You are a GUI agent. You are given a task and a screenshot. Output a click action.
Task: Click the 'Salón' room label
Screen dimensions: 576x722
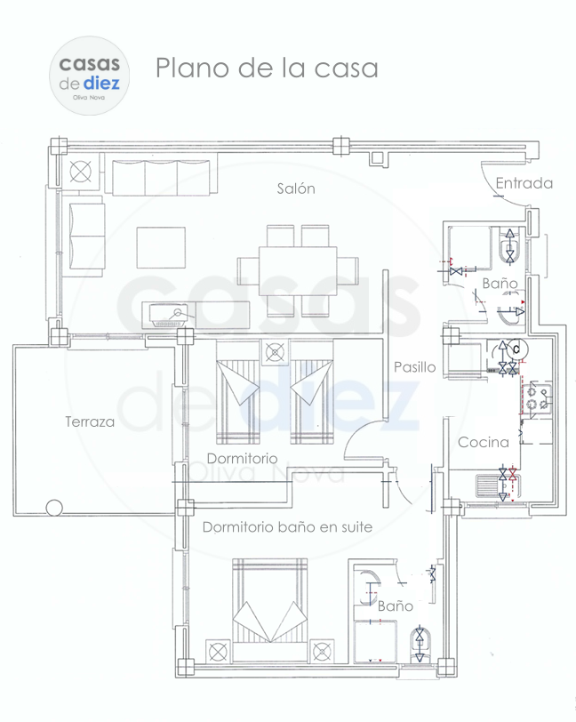[x=296, y=189]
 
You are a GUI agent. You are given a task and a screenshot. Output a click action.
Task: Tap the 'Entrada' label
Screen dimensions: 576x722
[x=524, y=183]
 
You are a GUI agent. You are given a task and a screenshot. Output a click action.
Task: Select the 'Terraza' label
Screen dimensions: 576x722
[x=90, y=421]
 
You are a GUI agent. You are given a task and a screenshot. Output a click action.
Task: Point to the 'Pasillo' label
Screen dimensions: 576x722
[x=415, y=367]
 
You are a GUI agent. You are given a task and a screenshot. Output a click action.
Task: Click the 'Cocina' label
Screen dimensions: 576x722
[x=484, y=442]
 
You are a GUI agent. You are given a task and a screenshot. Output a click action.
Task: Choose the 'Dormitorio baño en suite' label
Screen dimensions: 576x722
[x=287, y=526]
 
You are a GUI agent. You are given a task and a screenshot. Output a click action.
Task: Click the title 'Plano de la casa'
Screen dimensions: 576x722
[x=267, y=68]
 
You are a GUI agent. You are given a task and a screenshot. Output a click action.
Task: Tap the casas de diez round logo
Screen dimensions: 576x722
[x=89, y=76]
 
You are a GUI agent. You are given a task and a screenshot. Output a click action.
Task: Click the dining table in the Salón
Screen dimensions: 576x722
[x=298, y=271]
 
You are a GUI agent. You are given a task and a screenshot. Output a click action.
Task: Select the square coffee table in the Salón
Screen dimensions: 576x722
[x=161, y=247]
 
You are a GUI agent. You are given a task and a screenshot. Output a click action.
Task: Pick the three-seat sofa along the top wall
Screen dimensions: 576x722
[x=161, y=177]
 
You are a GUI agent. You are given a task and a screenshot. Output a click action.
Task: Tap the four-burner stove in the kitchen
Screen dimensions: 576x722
[x=537, y=397]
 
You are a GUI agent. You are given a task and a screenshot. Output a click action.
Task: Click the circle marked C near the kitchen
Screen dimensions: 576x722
[x=516, y=349]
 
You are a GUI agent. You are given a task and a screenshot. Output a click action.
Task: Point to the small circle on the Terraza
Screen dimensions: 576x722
[x=54, y=508]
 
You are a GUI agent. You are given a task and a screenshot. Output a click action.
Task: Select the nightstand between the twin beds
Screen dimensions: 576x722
[x=276, y=353]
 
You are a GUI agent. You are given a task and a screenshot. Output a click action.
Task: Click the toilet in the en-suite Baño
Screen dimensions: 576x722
[x=420, y=646]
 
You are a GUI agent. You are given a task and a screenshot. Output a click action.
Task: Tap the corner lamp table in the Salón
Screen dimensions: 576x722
[x=81, y=172]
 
